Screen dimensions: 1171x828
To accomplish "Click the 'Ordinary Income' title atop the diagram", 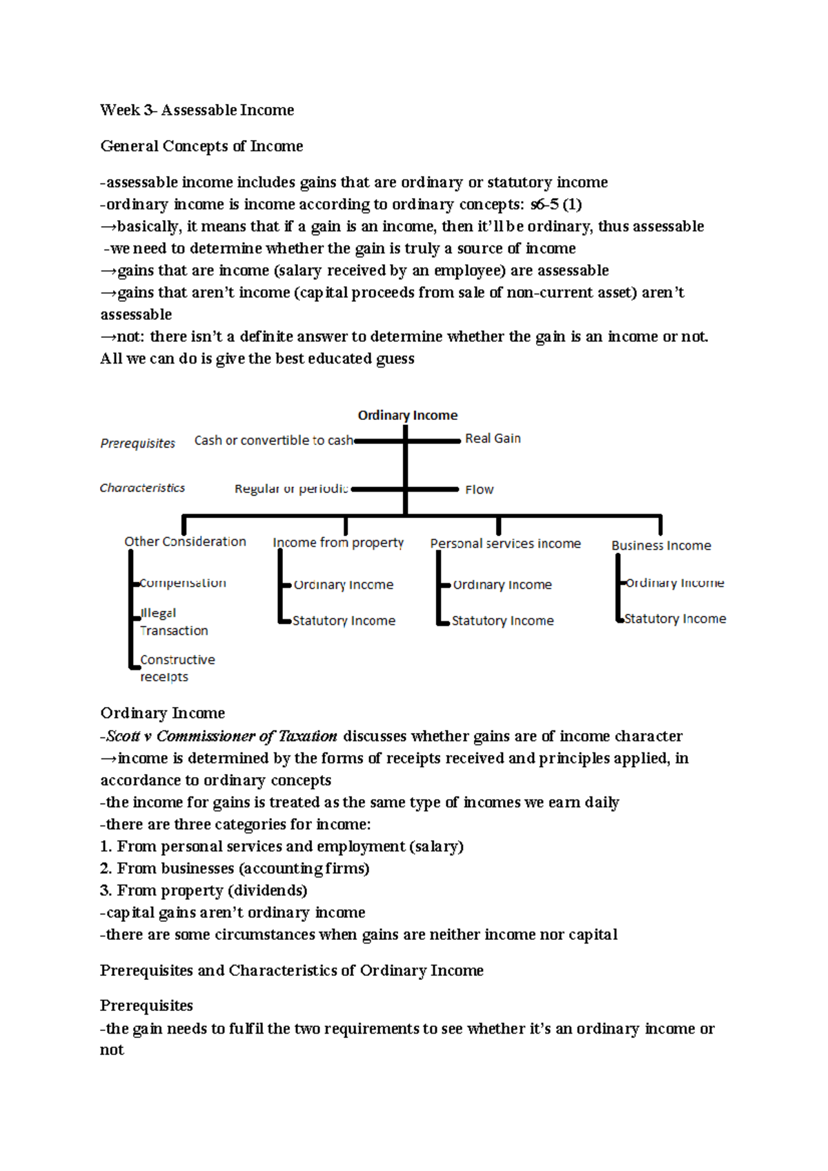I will pyautogui.click(x=407, y=415).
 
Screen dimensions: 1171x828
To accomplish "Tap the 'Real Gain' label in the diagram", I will pyautogui.click(x=493, y=439).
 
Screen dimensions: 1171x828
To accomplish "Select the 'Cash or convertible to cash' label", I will pyautogui.click(x=273, y=440).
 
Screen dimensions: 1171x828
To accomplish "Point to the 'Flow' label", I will pyautogui.click(x=479, y=490).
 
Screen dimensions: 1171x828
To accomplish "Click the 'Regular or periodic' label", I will pyautogui.click(x=291, y=489).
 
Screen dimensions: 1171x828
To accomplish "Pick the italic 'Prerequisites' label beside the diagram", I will pyautogui.click(x=138, y=443).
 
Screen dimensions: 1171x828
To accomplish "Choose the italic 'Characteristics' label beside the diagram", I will pyautogui.click(x=142, y=488).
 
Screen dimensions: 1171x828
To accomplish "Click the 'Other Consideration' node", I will pyautogui.click(x=185, y=542).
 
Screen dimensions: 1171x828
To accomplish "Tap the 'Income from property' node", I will pyautogui.click(x=338, y=543).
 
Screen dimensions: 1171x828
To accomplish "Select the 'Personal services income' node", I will pyautogui.click(x=505, y=543).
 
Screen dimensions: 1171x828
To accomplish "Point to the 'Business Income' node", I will pyautogui.click(x=661, y=546).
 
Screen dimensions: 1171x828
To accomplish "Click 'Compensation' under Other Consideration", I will pyautogui.click(x=183, y=583).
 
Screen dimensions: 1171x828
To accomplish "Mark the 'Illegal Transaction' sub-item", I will pyautogui.click(x=173, y=622).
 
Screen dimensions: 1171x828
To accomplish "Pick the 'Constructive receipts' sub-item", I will pyautogui.click(x=177, y=668).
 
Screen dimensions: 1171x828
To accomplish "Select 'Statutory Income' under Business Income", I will pyautogui.click(x=675, y=619).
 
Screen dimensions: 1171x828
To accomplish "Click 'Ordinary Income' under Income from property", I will pyautogui.click(x=343, y=585).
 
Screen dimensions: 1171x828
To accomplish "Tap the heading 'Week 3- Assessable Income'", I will pyautogui.click(x=197, y=110).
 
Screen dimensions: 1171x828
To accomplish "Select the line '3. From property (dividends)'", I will pyautogui.click(x=204, y=891).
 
